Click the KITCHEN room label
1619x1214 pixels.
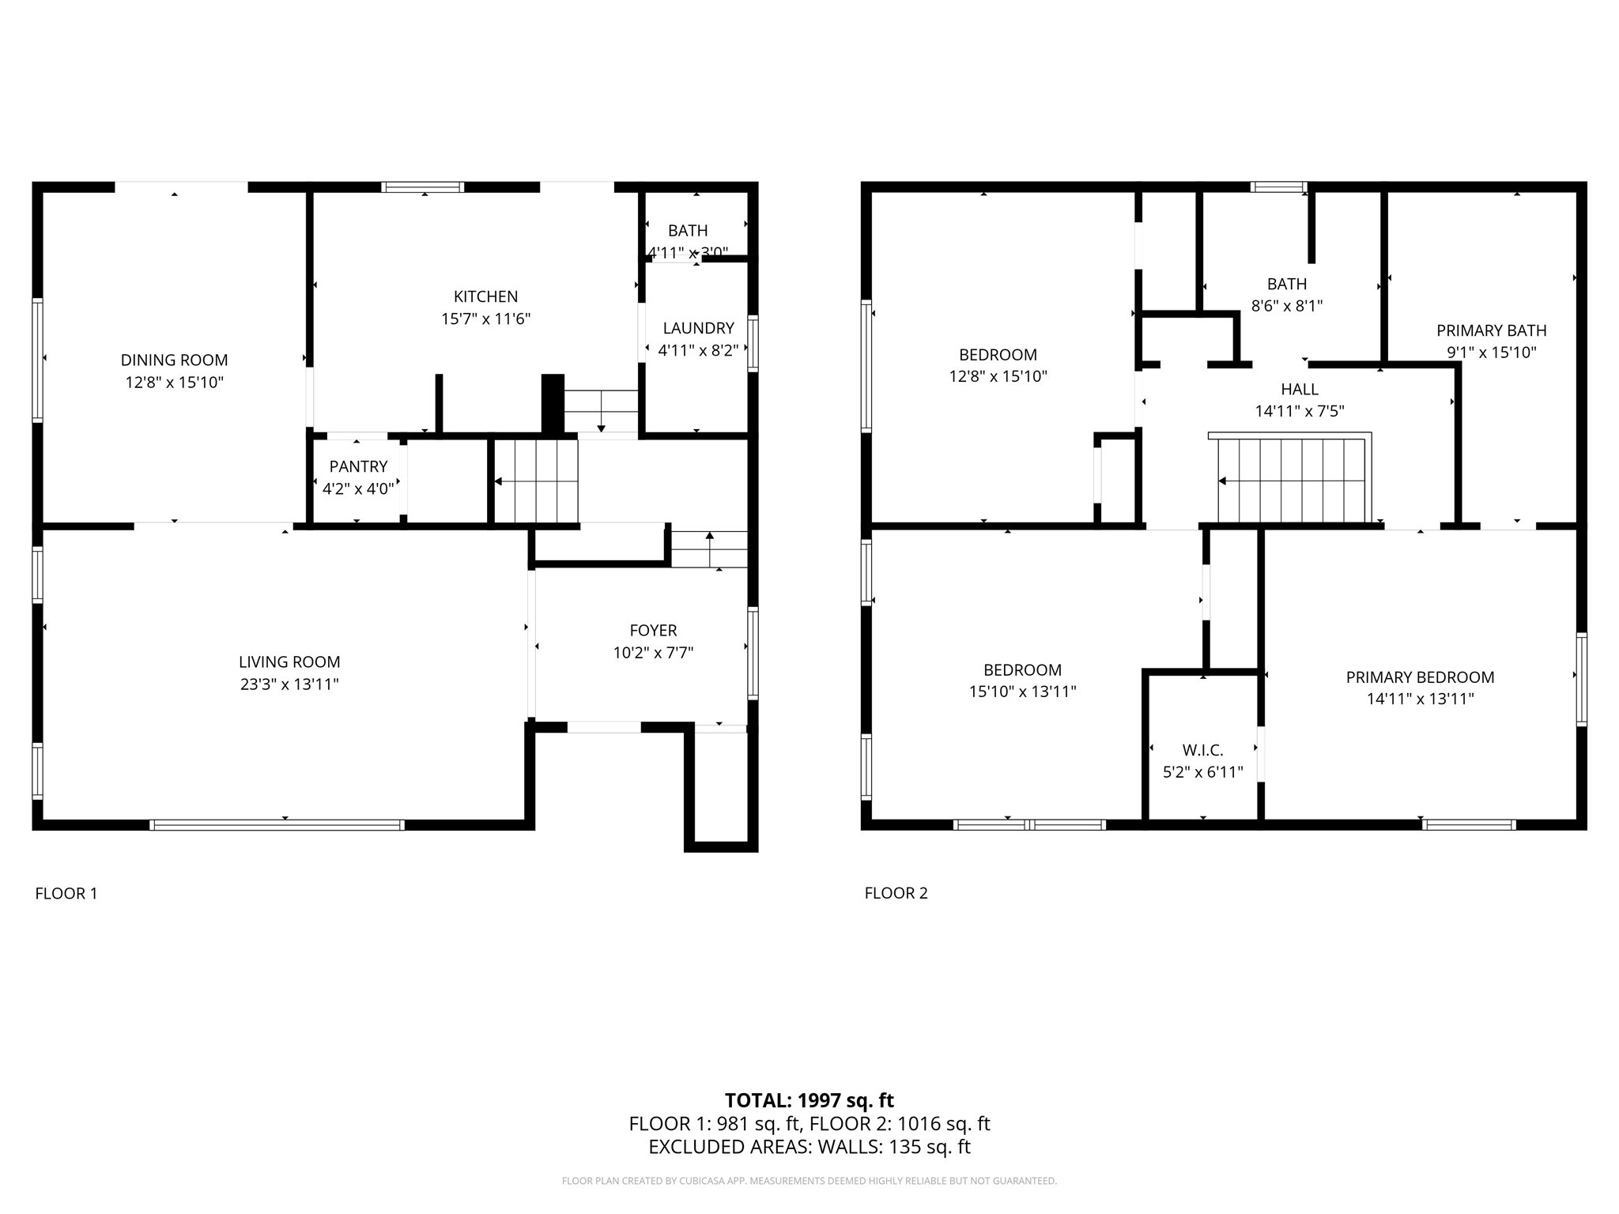pos(485,296)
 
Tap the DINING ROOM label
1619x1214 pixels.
pos(174,360)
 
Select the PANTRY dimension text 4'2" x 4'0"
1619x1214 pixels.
pos(357,489)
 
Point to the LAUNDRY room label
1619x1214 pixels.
pos(698,328)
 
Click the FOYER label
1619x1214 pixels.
pos(653,631)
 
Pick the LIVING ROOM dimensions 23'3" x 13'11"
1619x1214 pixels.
pos(289,684)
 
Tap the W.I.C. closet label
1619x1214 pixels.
pos(1202,750)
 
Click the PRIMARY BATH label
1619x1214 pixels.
pos(1491,330)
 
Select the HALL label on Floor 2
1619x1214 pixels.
pos(1300,389)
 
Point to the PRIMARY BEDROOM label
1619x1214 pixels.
pos(1420,677)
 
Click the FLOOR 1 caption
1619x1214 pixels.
pos(66,893)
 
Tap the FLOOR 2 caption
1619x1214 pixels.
pos(896,893)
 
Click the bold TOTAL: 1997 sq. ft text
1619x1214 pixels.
pos(809,1100)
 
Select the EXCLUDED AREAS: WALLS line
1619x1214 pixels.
pos(809,1147)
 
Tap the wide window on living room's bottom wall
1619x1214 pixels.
pos(277,824)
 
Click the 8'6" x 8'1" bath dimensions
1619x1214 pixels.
pos(1286,306)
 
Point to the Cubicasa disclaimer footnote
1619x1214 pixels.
pos(809,1181)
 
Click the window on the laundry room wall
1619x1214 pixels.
pos(753,343)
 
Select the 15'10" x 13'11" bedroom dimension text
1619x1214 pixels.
pos(1022,692)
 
